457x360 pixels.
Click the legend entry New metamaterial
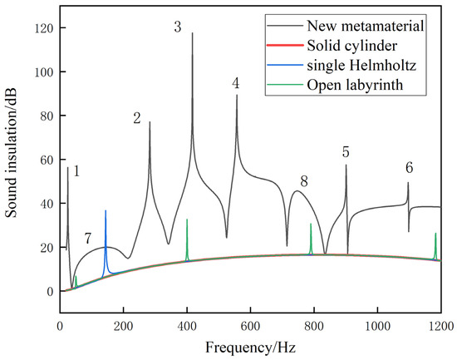(x=374, y=26)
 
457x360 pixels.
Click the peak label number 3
(x=178, y=27)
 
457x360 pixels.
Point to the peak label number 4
(x=236, y=83)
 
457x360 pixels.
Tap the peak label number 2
(x=137, y=118)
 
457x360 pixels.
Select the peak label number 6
(x=409, y=167)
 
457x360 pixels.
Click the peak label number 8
(x=304, y=181)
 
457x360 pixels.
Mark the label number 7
(x=87, y=239)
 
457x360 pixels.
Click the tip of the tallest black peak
(x=192, y=33)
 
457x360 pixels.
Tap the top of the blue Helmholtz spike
(x=106, y=211)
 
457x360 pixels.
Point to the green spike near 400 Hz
(x=187, y=219)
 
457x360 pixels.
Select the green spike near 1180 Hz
(x=435, y=234)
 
